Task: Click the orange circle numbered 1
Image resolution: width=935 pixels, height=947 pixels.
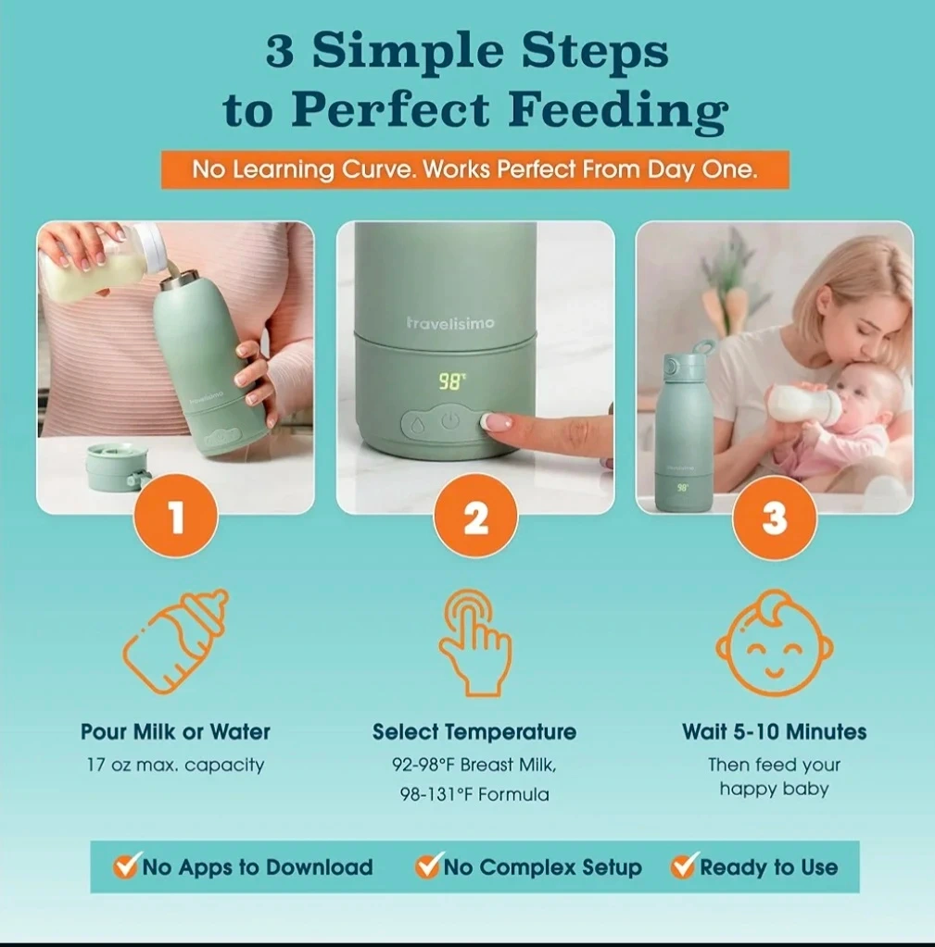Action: click(x=176, y=517)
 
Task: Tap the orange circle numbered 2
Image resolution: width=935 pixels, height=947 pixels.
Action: click(x=475, y=517)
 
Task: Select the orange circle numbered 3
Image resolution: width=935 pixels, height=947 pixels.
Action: click(x=775, y=517)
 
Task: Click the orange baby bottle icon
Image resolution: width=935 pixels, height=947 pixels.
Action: click(x=175, y=642)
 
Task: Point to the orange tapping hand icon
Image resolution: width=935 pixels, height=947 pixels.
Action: click(x=475, y=644)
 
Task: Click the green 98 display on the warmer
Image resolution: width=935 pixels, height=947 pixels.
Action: click(x=451, y=381)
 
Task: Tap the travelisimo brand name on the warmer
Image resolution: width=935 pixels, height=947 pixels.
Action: click(x=450, y=323)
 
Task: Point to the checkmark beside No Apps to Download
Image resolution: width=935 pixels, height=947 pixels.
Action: click(x=126, y=866)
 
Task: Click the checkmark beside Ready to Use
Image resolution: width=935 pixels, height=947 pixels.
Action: click(x=684, y=866)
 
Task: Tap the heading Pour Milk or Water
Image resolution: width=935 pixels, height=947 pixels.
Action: click(x=175, y=731)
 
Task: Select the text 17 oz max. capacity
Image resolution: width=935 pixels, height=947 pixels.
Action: click(x=175, y=765)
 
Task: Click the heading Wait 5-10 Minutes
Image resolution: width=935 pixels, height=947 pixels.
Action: click(x=775, y=731)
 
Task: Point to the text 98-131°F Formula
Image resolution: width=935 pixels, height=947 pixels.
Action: click(x=474, y=793)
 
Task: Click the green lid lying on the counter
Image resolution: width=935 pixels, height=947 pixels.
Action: click(x=112, y=467)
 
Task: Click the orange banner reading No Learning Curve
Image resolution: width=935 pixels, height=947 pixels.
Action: click(x=475, y=169)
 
